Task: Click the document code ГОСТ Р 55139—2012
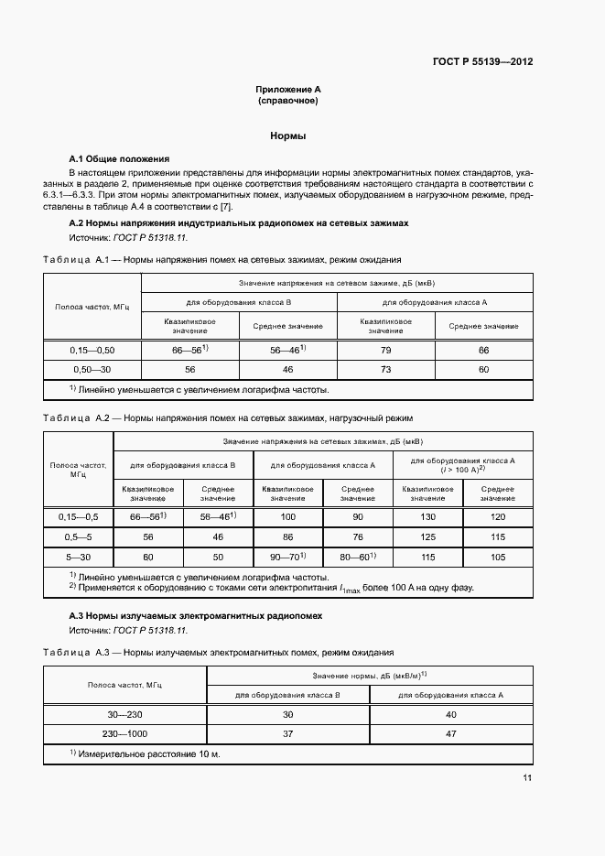coord(482,62)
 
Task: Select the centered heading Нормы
coord(287,135)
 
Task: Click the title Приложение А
coord(287,90)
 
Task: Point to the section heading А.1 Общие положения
coord(120,158)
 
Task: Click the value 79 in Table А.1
coord(385,351)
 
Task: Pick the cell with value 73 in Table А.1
coord(385,369)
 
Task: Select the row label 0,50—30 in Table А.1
coord(92,369)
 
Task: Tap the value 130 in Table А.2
coord(427,517)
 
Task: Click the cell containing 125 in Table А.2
coord(427,536)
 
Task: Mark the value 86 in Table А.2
coord(287,536)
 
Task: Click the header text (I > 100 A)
coord(462,470)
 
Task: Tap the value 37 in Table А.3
coord(287,733)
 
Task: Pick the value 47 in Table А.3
coord(450,733)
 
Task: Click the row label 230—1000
coord(125,733)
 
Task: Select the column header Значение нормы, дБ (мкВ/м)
coord(369,676)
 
